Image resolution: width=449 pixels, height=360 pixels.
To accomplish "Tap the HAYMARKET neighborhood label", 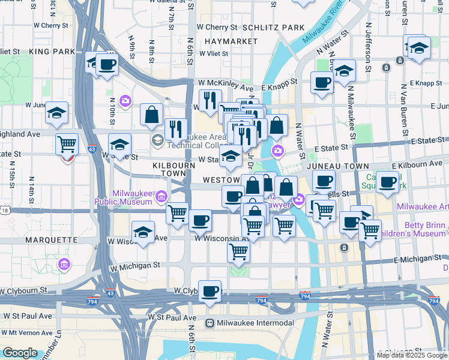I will (x=226, y=41).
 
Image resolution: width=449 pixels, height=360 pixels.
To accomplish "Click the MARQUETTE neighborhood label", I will (x=52, y=239).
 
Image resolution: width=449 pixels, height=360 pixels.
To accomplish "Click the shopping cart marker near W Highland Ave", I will (x=67, y=145).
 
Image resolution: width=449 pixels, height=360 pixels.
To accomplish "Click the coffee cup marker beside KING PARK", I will (x=107, y=65).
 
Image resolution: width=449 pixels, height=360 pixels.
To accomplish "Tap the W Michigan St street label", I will (x=134, y=265).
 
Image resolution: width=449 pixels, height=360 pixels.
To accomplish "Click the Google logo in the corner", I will (x=19, y=353).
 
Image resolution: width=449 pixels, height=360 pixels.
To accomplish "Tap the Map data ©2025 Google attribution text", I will (x=412, y=355).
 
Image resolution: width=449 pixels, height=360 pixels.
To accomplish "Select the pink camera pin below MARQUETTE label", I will (x=64, y=263).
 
